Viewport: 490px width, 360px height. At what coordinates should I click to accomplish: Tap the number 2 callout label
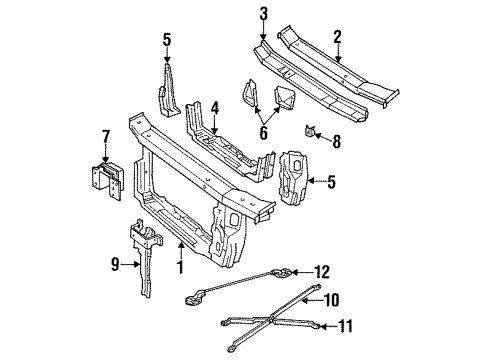(x=337, y=37)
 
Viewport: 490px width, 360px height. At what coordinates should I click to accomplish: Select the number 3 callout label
(x=263, y=13)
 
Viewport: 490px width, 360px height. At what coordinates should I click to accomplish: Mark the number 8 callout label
(x=337, y=143)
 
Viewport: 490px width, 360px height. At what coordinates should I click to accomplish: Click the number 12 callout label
(x=321, y=270)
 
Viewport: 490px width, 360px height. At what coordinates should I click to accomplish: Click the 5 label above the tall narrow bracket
(x=167, y=42)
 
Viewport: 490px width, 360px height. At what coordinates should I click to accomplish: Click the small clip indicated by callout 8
(x=313, y=131)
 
